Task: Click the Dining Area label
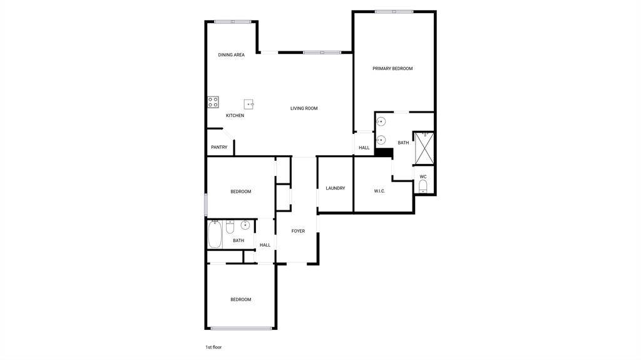click(232, 55)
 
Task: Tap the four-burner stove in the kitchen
click(213, 102)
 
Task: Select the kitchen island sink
click(249, 105)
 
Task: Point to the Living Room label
click(304, 108)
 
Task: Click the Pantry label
click(219, 147)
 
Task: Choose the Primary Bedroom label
click(392, 69)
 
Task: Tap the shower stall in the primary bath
click(424, 148)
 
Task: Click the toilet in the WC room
click(423, 187)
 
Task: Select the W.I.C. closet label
click(379, 191)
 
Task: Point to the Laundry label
click(336, 188)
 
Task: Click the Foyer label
click(298, 231)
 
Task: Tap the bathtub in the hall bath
click(215, 234)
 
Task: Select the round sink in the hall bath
click(245, 225)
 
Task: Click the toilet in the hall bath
click(230, 227)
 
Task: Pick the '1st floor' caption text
click(213, 347)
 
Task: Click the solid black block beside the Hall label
click(384, 153)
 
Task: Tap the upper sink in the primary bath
click(381, 121)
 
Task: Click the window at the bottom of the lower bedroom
click(241, 328)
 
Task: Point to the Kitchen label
click(235, 116)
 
